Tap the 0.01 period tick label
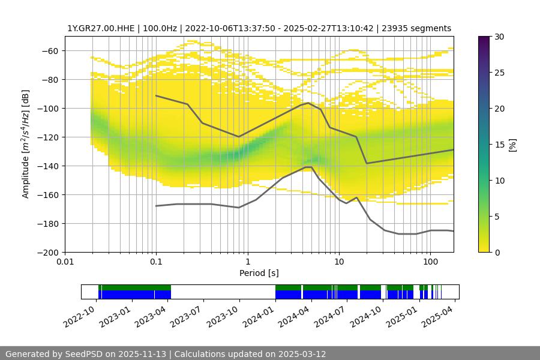click(x=65, y=262)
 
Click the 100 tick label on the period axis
click(x=430, y=262)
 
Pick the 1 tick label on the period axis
click(x=248, y=262)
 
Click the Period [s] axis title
click(x=259, y=274)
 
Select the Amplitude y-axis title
click(x=26, y=145)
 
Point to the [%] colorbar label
click(x=512, y=145)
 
